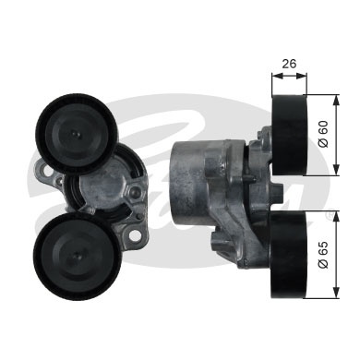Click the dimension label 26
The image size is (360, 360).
click(288, 66)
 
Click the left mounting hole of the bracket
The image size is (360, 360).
click(41, 171)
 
